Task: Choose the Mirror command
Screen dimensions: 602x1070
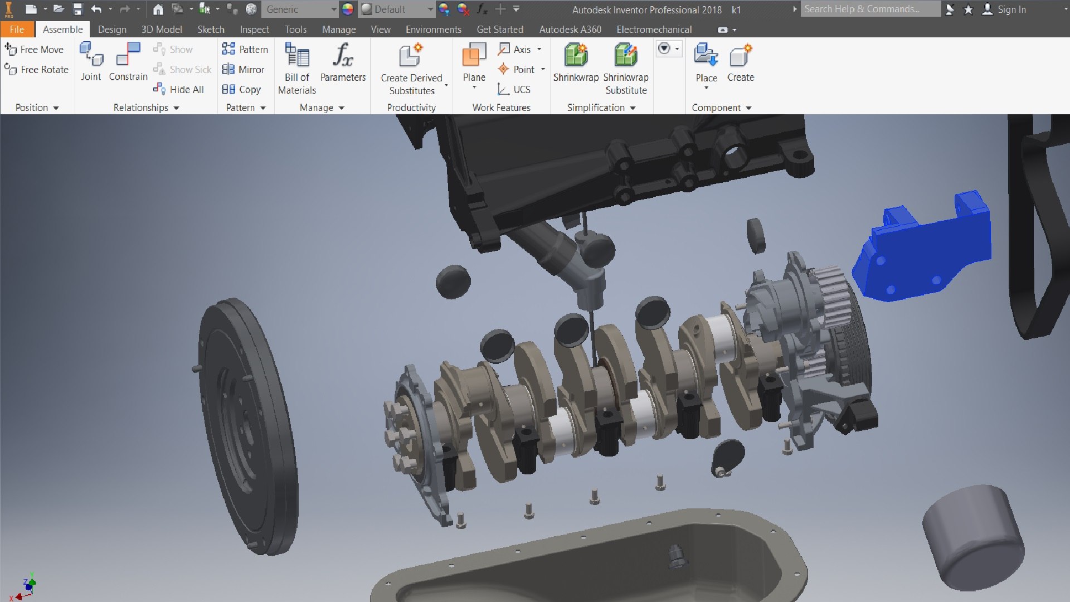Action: coord(244,69)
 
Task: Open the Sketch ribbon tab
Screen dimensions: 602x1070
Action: coord(211,30)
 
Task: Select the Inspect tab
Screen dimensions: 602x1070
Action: coord(254,30)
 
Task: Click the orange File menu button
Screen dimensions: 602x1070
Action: coord(17,30)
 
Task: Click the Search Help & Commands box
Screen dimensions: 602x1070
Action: coord(869,9)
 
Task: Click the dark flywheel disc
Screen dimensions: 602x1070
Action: coord(245,429)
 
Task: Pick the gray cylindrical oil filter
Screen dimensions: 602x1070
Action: coord(972,538)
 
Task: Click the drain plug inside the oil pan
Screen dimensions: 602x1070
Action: coord(676,555)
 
